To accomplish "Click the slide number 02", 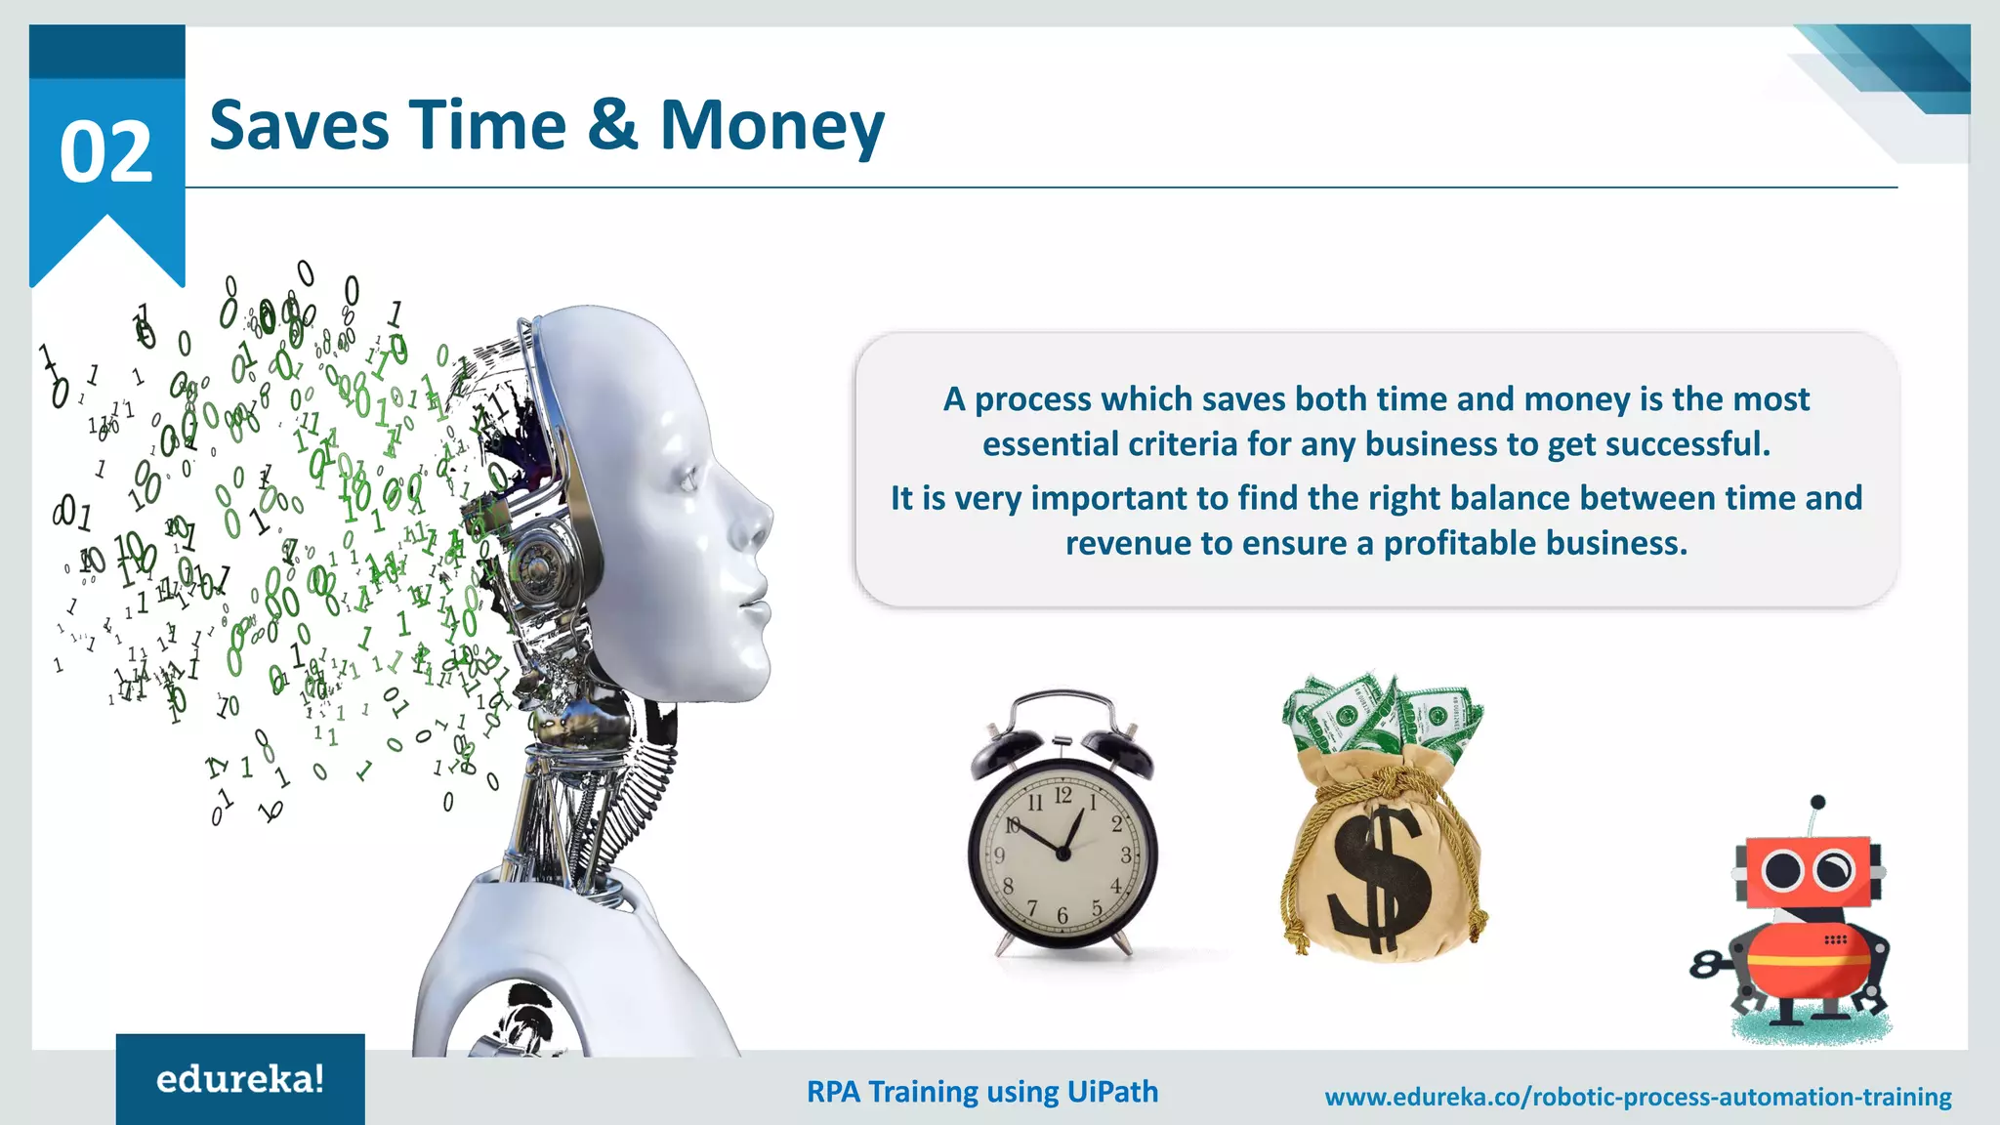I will [106, 152].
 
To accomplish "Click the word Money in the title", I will [771, 127].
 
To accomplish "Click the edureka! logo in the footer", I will [240, 1079].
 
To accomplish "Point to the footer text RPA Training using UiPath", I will [982, 1091].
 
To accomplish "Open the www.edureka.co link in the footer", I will [1638, 1097].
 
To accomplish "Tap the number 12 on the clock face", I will [1062, 796].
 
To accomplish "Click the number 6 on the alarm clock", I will [1062, 915].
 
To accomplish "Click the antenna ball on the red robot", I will [1817, 803].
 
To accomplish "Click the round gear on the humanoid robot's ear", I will [536, 566].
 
